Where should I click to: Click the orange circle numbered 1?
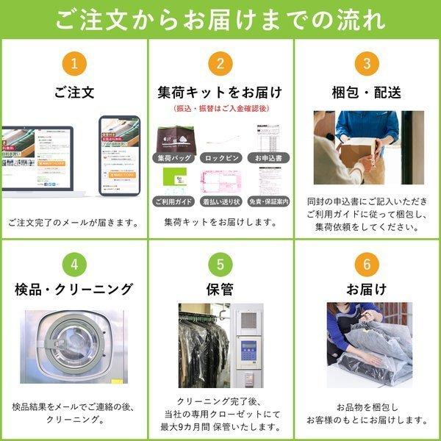(x=73, y=63)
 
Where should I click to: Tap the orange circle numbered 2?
(x=220, y=63)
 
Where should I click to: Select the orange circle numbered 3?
(x=366, y=63)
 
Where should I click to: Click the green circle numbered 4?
(x=73, y=262)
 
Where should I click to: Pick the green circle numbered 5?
(x=220, y=262)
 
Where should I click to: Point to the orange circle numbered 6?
(x=366, y=262)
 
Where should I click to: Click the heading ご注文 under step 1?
(x=73, y=93)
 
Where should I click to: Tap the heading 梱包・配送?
(x=366, y=93)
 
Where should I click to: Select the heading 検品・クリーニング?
(x=73, y=289)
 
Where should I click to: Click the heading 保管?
(x=220, y=289)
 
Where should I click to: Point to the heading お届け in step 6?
(x=366, y=289)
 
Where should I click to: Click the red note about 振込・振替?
(x=220, y=110)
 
